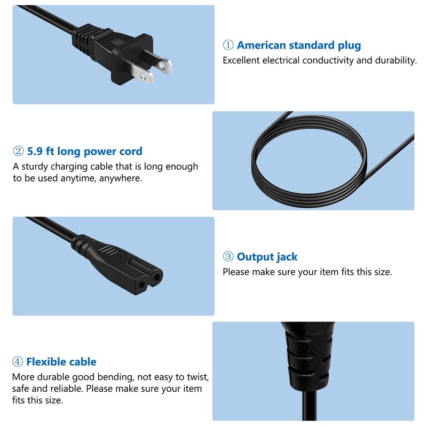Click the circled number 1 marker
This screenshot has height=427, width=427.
[228, 45]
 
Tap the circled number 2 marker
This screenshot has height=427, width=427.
[18, 151]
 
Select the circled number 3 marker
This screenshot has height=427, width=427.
[228, 257]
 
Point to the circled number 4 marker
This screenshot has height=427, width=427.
[18, 362]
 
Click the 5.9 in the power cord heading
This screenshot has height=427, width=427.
[35, 151]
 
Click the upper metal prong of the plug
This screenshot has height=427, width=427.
[159, 62]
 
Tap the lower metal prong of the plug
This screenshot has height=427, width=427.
[140, 73]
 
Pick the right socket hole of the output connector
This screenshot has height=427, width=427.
[157, 278]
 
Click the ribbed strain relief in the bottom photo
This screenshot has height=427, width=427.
[309, 357]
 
